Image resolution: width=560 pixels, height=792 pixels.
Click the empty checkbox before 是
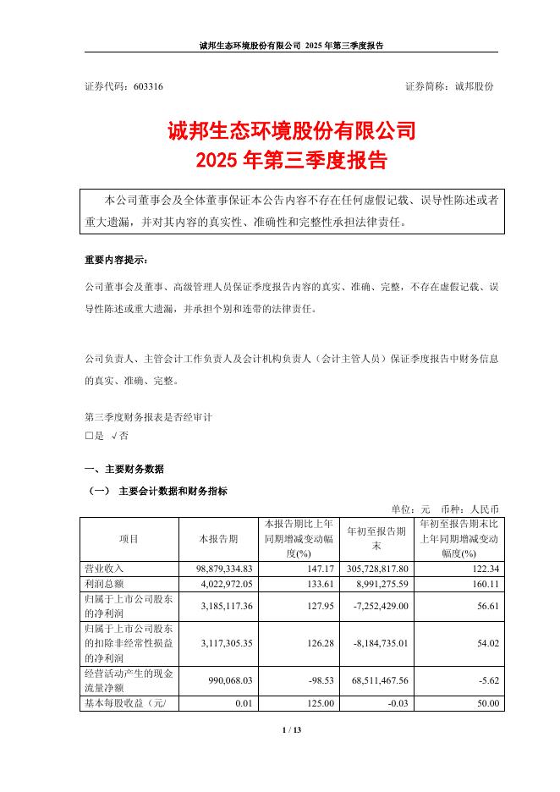coord(89,435)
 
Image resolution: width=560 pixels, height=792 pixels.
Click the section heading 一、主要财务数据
coord(124,469)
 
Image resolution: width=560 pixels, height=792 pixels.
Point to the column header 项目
coord(129,537)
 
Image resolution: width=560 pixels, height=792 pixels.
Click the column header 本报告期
coord(217,537)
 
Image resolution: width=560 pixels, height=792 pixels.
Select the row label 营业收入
coord(104,568)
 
